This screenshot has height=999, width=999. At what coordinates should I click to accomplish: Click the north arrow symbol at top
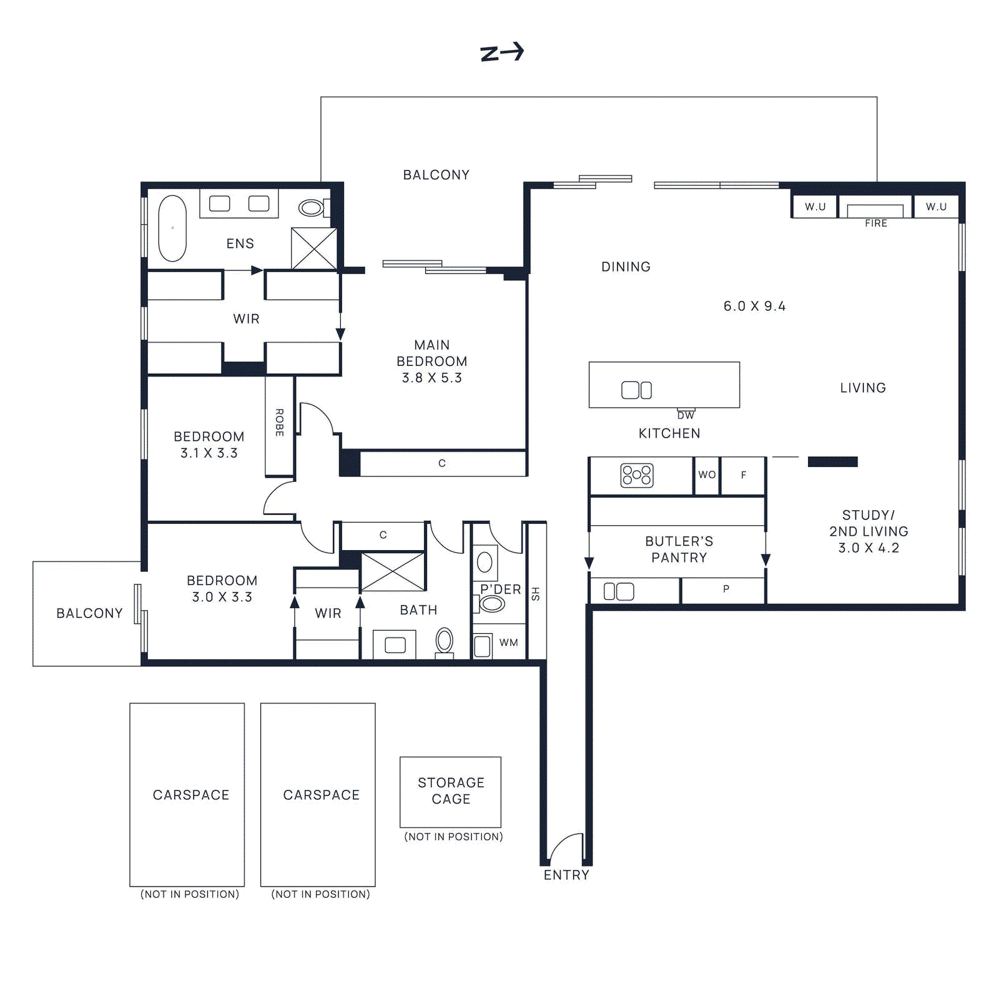point(502,52)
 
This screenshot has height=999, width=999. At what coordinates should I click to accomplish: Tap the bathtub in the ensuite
point(172,229)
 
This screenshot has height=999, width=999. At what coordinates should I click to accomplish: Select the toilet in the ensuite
point(312,207)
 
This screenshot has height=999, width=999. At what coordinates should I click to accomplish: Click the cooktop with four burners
point(636,475)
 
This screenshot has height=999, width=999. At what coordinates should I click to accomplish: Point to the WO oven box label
point(707,475)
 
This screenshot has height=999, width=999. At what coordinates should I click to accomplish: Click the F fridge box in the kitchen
point(743,475)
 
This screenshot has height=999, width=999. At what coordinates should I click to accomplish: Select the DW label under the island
point(686,415)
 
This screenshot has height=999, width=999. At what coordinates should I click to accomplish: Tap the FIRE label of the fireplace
point(875,224)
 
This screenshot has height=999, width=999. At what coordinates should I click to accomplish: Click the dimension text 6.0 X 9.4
point(754,307)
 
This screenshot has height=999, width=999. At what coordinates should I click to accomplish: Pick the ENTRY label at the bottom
point(566,875)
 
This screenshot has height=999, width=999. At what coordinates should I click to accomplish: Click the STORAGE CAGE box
point(450,791)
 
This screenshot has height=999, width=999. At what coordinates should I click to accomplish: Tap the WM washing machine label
point(508,642)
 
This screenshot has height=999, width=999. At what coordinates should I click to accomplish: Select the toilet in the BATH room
point(444,641)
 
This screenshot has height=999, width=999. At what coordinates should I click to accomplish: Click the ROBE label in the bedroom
point(280,423)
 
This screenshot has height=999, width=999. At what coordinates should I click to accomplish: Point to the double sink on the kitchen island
point(636,390)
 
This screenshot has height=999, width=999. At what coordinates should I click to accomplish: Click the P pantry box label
point(726,589)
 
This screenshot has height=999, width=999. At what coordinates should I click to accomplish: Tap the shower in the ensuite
point(314,249)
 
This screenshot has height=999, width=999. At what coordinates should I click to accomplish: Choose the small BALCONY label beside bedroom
point(89,613)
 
